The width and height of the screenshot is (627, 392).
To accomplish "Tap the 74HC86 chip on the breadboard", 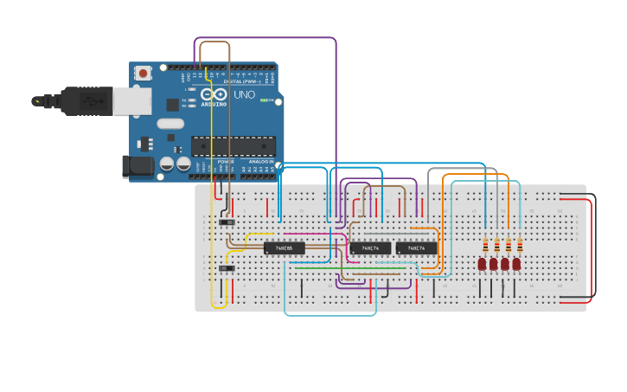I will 284,248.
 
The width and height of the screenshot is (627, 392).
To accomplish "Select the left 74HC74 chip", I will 370,248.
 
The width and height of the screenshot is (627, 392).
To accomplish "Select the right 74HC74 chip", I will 416,248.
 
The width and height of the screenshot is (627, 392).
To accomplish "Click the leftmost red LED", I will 483,264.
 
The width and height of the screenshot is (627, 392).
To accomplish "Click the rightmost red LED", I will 516,264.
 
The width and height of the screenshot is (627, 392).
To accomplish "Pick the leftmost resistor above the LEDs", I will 485,244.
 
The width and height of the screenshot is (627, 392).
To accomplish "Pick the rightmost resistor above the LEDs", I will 519,244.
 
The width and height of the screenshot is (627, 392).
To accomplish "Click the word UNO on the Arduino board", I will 244,94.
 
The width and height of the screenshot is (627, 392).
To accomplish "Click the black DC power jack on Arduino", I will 137,165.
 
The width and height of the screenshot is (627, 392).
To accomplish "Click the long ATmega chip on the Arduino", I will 234,146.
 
